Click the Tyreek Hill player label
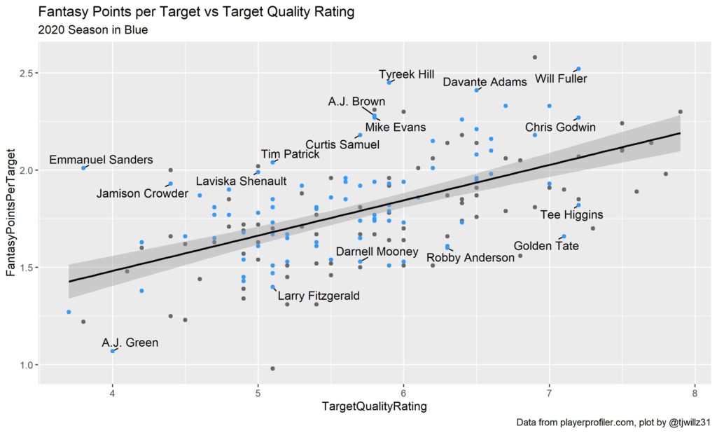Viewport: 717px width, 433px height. (x=406, y=74)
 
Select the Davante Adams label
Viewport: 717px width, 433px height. (x=485, y=82)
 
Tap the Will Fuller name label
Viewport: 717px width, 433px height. (x=561, y=78)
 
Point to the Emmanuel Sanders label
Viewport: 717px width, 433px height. (x=101, y=160)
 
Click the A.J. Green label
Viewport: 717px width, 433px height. (x=130, y=343)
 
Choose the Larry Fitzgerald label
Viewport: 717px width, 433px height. (x=319, y=296)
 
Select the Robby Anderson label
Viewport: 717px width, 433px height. (x=471, y=258)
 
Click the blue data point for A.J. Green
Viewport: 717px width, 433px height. (x=112, y=351)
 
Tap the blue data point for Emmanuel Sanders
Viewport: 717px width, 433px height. (x=83, y=168)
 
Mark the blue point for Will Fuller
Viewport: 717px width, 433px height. (x=578, y=69)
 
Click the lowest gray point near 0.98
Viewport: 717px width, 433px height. (x=272, y=369)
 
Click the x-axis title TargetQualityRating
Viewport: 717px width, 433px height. (x=374, y=406)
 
